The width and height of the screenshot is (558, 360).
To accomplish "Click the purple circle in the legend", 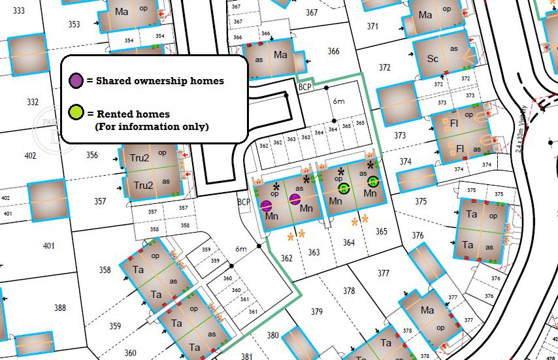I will pyautogui.click(x=76, y=81).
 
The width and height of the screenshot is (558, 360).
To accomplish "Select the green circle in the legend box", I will pyautogui.click(x=76, y=114).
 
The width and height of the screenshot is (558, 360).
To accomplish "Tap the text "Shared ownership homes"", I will pyautogui.click(x=159, y=81).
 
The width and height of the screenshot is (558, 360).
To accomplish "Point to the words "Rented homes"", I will pyautogui.click(x=133, y=114).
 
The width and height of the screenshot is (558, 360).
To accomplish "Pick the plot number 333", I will pyautogui.click(x=19, y=11).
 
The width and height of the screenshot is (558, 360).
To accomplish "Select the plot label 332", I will pyautogui.click(x=33, y=102).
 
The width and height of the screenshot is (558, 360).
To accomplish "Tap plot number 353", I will pyautogui.click(x=74, y=25).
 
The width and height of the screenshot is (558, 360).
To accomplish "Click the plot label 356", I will pyautogui.click(x=91, y=155).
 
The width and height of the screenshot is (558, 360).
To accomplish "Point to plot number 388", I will pyautogui.click(x=60, y=308).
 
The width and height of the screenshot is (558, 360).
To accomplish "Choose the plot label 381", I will pyautogui.click(x=246, y=356).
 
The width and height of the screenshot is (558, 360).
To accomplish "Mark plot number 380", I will pyautogui.click(x=272, y=335).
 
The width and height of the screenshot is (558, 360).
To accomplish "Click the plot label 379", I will pyautogui.click(x=317, y=311).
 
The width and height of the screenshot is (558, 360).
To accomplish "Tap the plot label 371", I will pyautogui.click(x=372, y=27).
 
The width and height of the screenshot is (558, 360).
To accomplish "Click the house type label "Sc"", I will pyautogui.click(x=433, y=58).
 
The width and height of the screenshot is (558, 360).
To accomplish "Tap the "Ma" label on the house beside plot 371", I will pyautogui.click(x=426, y=14).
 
